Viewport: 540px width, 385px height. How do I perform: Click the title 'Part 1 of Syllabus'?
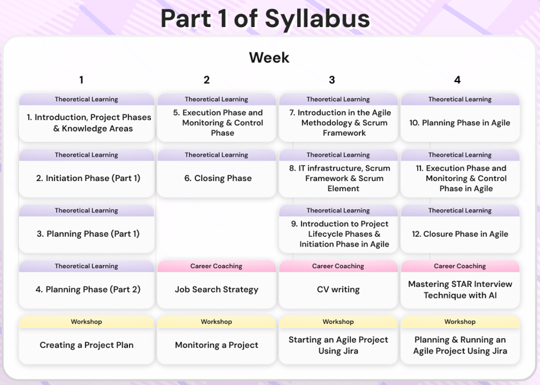click(x=265, y=19)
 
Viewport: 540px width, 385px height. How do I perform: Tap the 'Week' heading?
click(x=269, y=57)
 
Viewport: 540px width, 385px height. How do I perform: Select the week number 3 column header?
click(x=332, y=80)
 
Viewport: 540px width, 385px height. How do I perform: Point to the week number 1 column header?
click(x=81, y=80)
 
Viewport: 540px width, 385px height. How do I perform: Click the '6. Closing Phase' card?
click(x=217, y=173)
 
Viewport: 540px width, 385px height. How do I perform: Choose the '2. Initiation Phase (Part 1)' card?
click(x=86, y=173)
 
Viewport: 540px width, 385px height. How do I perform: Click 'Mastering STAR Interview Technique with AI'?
click(x=460, y=289)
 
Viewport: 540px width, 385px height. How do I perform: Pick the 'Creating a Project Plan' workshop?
click(x=86, y=340)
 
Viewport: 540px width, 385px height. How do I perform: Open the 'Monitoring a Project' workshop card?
click(x=217, y=340)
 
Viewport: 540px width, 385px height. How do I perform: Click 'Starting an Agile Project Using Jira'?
click(x=338, y=345)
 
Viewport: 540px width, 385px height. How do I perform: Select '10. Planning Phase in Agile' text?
click(x=460, y=123)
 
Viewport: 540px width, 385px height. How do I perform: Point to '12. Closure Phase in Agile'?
click(x=460, y=234)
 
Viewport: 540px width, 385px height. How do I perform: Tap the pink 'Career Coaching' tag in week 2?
click(x=217, y=266)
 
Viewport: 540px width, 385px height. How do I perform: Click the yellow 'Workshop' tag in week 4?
click(x=460, y=321)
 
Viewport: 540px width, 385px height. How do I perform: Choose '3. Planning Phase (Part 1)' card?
click(x=86, y=229)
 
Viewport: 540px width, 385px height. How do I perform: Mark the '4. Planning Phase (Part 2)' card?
click(x=86, y=285)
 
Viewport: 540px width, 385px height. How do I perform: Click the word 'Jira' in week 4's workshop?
click(x=498, y=351)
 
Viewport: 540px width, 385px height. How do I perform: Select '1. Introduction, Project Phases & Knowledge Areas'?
click(x=89, y=123)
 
